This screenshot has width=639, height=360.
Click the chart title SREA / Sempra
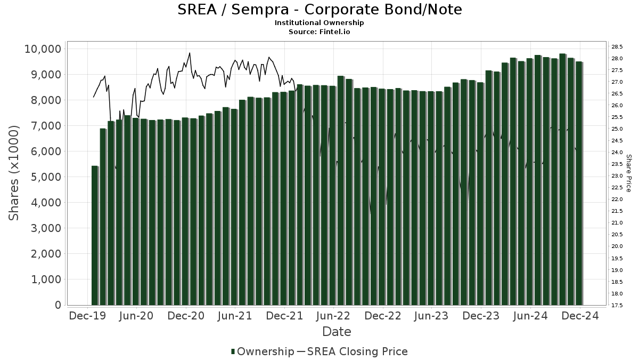tap(319, 10)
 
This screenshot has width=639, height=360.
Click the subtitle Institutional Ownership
tap(319, 23)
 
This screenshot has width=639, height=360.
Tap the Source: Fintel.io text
tap(319, 31)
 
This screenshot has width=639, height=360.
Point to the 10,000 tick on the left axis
tap(43, 49)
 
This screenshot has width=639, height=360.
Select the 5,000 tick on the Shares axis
tap(45, 177)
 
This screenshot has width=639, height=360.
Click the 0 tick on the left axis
tap(58, 305)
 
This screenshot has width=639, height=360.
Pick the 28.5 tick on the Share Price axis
tap(617, 47)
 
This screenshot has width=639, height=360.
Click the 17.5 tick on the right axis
tap(617, 305)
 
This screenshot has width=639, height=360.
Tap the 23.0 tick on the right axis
tap(617, 176)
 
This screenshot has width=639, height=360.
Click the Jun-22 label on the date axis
tap(333, 316)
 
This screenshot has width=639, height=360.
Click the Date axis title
tap(337, 332)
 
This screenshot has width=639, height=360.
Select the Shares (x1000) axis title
tap(14, 173)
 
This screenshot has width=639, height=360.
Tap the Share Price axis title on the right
tap(628, 173)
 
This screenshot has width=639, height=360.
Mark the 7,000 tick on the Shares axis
tap(45, 126)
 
